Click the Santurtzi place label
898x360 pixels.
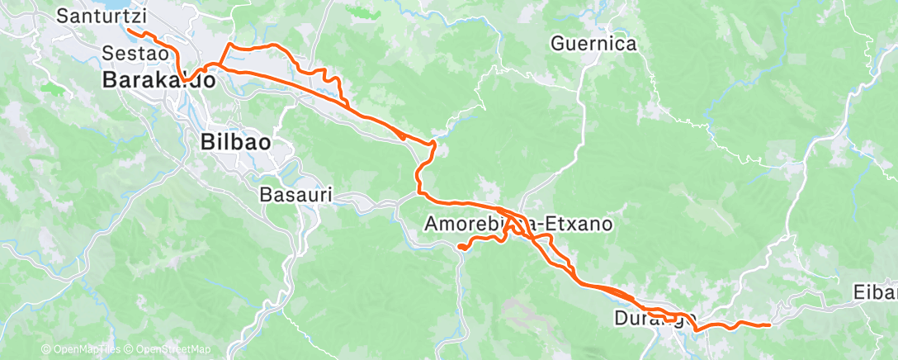102,16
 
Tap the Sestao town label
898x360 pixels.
135,53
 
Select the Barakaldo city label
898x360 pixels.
159,80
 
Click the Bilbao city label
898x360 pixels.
235,142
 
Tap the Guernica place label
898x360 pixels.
593,44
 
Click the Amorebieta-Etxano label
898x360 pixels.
518,224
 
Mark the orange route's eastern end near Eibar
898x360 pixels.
769,325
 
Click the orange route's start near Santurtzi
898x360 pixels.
128,31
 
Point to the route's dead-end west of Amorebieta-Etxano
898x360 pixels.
458,245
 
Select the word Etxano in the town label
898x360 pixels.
578,224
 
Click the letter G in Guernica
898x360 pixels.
557,44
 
